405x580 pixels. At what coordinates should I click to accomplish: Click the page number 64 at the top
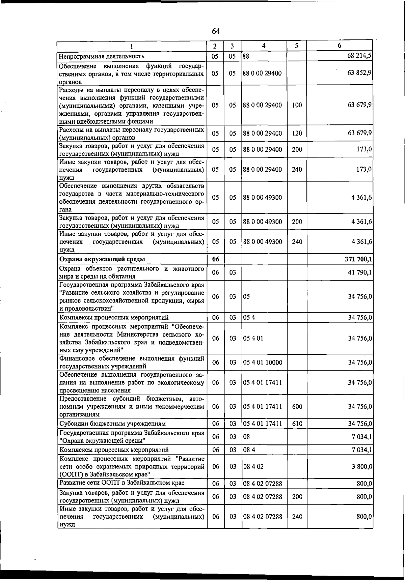(x=216, y=31)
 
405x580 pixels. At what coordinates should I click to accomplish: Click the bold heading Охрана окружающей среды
(x=102, y=259)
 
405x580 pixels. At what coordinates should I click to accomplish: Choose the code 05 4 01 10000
(x=263, y=362)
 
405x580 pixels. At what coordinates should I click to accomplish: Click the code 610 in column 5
(x=297, y=424)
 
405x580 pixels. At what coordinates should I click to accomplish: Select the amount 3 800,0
(x=360, y=467)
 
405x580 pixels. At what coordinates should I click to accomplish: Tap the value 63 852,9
(x=360, y=73)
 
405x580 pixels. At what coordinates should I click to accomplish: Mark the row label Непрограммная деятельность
(x=102, y=56)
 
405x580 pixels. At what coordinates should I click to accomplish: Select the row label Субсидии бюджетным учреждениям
(x=112, y=424)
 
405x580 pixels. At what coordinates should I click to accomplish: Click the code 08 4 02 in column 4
(x=253, y=467)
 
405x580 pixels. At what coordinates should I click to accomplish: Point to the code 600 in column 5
(x=297, y=407)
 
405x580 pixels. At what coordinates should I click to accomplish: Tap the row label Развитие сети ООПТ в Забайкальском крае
(x=122, y=483)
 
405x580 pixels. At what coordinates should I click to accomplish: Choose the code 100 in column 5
(x=297, y=105)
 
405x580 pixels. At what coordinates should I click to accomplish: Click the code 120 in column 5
(x=297, y=133)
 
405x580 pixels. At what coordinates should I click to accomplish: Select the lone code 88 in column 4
(x=246, y=56)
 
